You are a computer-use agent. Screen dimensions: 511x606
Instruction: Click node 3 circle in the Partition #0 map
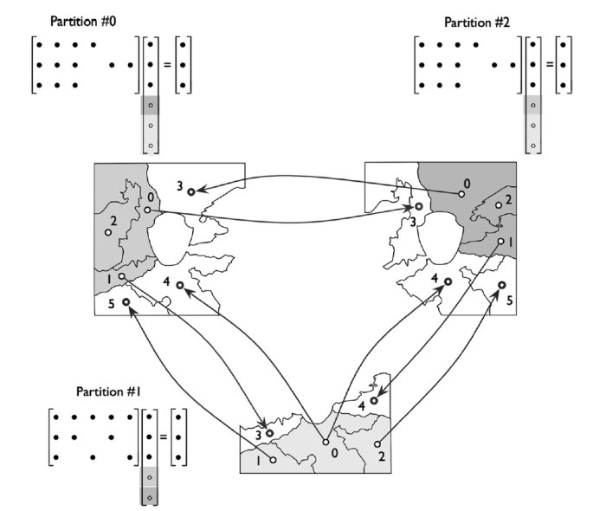point(190,191)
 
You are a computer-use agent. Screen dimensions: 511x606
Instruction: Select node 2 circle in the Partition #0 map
point(108,232)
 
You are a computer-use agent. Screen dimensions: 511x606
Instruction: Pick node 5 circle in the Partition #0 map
point(126,301)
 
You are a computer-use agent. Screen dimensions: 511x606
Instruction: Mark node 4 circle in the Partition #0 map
point(179,284)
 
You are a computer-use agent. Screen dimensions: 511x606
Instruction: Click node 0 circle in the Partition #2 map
point(462,195)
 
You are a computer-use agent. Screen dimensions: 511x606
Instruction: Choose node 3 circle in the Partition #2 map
point(419,207)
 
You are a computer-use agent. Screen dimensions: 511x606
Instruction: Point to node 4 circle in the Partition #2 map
point(448,281)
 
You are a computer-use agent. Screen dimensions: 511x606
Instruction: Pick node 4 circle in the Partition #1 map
point(374,400)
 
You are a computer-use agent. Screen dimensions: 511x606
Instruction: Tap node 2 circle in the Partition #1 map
point(377,443)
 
